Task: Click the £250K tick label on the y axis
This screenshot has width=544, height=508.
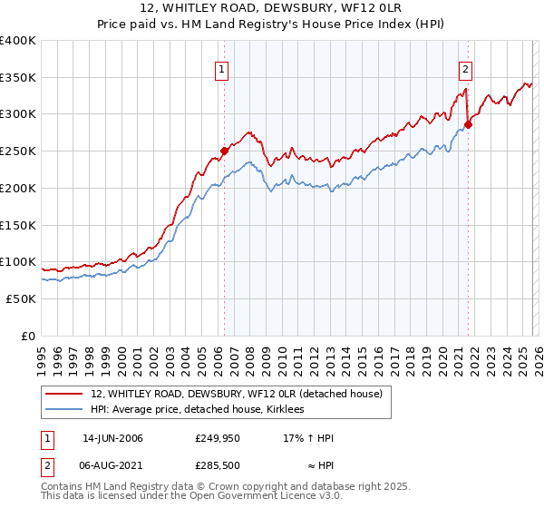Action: (18, 151)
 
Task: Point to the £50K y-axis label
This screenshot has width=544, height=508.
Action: (21, 298)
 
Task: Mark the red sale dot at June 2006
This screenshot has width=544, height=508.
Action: (224, 151)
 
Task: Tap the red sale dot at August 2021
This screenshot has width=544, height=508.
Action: (468, 125)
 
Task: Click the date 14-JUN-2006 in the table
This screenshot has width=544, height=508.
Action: (112, 438)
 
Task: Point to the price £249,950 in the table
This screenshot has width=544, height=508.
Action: (218, 438)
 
